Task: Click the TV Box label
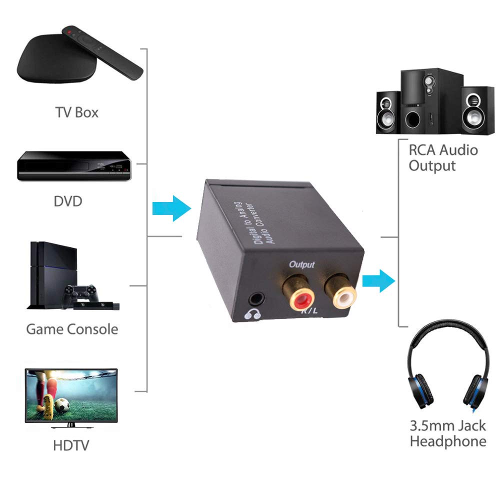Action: tap(77, 112)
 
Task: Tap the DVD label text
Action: tap(68, 201)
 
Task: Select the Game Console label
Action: tap(72, 329)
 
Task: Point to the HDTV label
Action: tap(71, 445)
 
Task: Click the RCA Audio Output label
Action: tap(443, 158)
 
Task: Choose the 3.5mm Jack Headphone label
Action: tap(448, 433)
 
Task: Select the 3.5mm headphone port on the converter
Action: tap(256, 299)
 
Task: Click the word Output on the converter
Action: tap(301, 264)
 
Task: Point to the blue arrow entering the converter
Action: tap(171, 208)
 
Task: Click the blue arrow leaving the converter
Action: tap(379, 281)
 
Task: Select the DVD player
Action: tap(74, 166)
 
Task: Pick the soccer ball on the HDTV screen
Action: tap(62, 405)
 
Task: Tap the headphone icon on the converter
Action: tap(252, 314)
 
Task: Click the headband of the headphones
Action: tap(447, 337)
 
